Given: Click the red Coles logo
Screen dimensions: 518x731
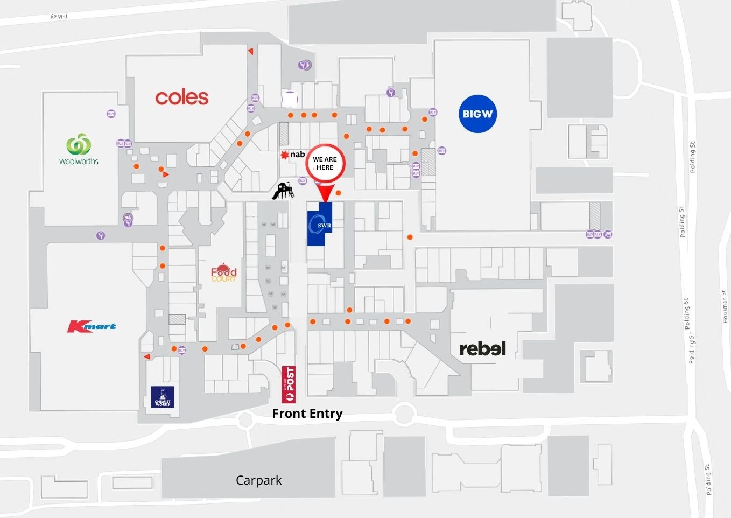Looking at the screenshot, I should [182, 97].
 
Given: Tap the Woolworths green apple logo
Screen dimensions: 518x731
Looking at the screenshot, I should [79, 144].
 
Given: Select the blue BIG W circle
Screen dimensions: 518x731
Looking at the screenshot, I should [477, 114].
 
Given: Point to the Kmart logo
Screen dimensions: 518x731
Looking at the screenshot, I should [92, 326].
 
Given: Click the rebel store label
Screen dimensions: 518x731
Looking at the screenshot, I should [482, 349].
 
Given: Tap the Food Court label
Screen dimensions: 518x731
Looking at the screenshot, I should [223, 273].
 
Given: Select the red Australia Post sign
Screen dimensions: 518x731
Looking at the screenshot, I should [289, 384].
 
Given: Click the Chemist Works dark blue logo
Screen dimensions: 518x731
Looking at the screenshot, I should [163, 397].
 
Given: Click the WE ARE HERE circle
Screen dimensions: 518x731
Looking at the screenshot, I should [325, 163].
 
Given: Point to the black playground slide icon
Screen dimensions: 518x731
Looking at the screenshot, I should [283, 191].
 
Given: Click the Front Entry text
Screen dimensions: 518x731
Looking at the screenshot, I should [307, 414].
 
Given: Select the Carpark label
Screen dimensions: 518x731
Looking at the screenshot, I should [258, 480].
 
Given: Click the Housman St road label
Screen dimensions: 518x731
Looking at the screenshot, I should [725, 307].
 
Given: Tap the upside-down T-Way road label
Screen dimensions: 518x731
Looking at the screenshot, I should [59, 17].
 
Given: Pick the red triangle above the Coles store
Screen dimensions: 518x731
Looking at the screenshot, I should [251, 51].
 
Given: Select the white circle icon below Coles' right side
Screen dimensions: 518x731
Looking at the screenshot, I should [290, 99].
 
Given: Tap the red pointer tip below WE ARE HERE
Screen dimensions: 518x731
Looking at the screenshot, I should [325, 200].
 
